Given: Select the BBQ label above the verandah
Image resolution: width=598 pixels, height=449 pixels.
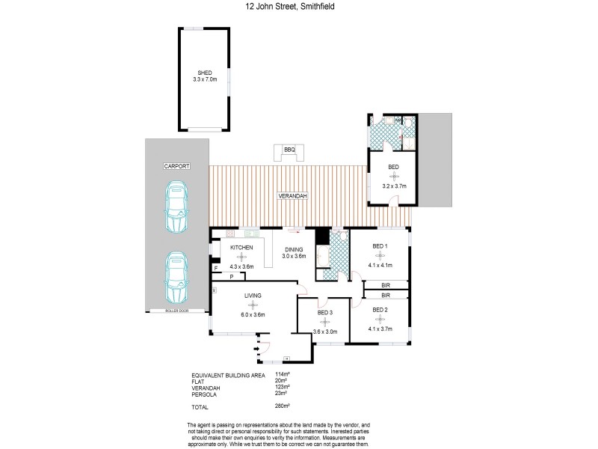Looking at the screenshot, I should (x=289, y=150).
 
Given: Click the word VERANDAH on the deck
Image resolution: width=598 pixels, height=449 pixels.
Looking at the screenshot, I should (x=289, y=196).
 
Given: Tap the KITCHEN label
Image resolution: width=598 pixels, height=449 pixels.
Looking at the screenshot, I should (x=241, y=248).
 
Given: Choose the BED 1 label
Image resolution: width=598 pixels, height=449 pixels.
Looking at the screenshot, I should (x=380, y=245).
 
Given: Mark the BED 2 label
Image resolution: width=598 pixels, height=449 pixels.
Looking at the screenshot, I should (x=380, y=309).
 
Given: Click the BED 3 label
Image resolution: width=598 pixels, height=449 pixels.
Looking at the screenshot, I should (x=324, y=312).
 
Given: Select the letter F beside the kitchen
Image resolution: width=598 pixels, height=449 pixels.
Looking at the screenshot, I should (x=216, y=267).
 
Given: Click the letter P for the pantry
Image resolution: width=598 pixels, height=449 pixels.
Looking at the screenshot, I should (x=232, y=277).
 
